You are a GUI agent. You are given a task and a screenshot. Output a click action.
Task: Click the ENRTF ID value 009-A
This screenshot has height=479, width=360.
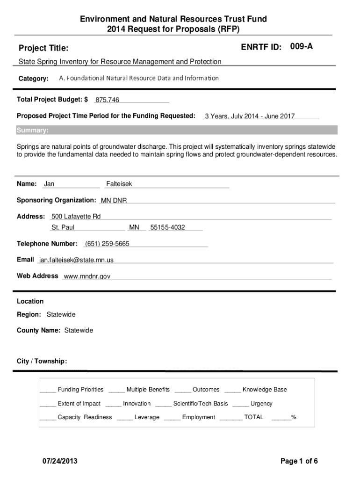pos(302,46)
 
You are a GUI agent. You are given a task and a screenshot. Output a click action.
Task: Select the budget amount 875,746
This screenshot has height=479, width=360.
pos(107,100)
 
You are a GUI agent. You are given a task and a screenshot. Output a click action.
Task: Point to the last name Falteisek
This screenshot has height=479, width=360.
pos(119,184)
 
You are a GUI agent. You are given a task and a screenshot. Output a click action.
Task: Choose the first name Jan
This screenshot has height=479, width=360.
pos(49,184)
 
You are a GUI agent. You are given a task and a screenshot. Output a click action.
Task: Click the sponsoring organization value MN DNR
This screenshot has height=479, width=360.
pos(114,201)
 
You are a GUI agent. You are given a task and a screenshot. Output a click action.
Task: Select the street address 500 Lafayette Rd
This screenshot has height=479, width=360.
pos(76,217)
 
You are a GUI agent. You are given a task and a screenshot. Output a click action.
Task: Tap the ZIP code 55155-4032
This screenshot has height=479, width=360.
pos(167,228)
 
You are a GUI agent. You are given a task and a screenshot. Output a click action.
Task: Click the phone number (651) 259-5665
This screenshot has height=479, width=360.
pos(107,244)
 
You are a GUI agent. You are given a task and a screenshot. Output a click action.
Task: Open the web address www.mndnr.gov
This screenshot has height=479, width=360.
pos(87,276)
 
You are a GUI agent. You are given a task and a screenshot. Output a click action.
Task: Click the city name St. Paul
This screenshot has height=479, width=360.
pos(63,228)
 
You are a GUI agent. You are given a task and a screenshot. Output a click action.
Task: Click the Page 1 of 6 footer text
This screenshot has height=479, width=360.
pos(299,461)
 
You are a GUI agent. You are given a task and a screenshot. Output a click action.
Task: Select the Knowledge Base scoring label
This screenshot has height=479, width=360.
pos(265,390)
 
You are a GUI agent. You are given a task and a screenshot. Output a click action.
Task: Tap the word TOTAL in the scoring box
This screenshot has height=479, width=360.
pos(254,417)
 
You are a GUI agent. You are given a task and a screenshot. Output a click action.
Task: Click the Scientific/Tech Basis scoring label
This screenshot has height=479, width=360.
pos(201,404)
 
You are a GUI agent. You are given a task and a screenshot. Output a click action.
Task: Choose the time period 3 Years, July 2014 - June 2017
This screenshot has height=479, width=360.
pos(250,116)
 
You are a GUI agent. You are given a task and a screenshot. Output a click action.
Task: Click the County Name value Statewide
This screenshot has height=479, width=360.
pos(79,330)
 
